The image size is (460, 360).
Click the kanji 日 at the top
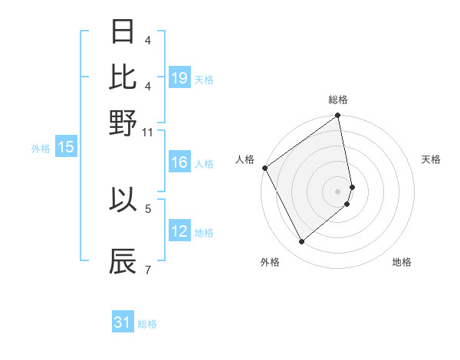[x=123, y=32]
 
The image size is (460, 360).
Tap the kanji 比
[x=123, y=77]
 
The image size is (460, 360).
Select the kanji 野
[x=123, y=123]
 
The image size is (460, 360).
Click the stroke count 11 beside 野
[x=148, y=132]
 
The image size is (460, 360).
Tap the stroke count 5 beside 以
[x=148, y=208]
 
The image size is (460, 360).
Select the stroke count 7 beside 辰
[x=148, y=270]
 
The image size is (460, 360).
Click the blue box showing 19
[x=179, y=77]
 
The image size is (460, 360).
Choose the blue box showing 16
[x=179, y=162]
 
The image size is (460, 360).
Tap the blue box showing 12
[x=179, y=231]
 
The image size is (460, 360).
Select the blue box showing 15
[x=66, y=148]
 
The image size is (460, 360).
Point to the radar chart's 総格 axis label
[x=338, y=100]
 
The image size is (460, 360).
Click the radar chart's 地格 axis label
[x=402, y=262]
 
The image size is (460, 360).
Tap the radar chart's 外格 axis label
[x=270, y=262]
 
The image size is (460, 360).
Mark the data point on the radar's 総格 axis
[x=338, y=116]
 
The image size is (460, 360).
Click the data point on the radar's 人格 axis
[x=264, y=168]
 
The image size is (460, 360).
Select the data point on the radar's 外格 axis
[x=302, y=242]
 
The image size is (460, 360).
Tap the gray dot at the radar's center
[x=338, y=191]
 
